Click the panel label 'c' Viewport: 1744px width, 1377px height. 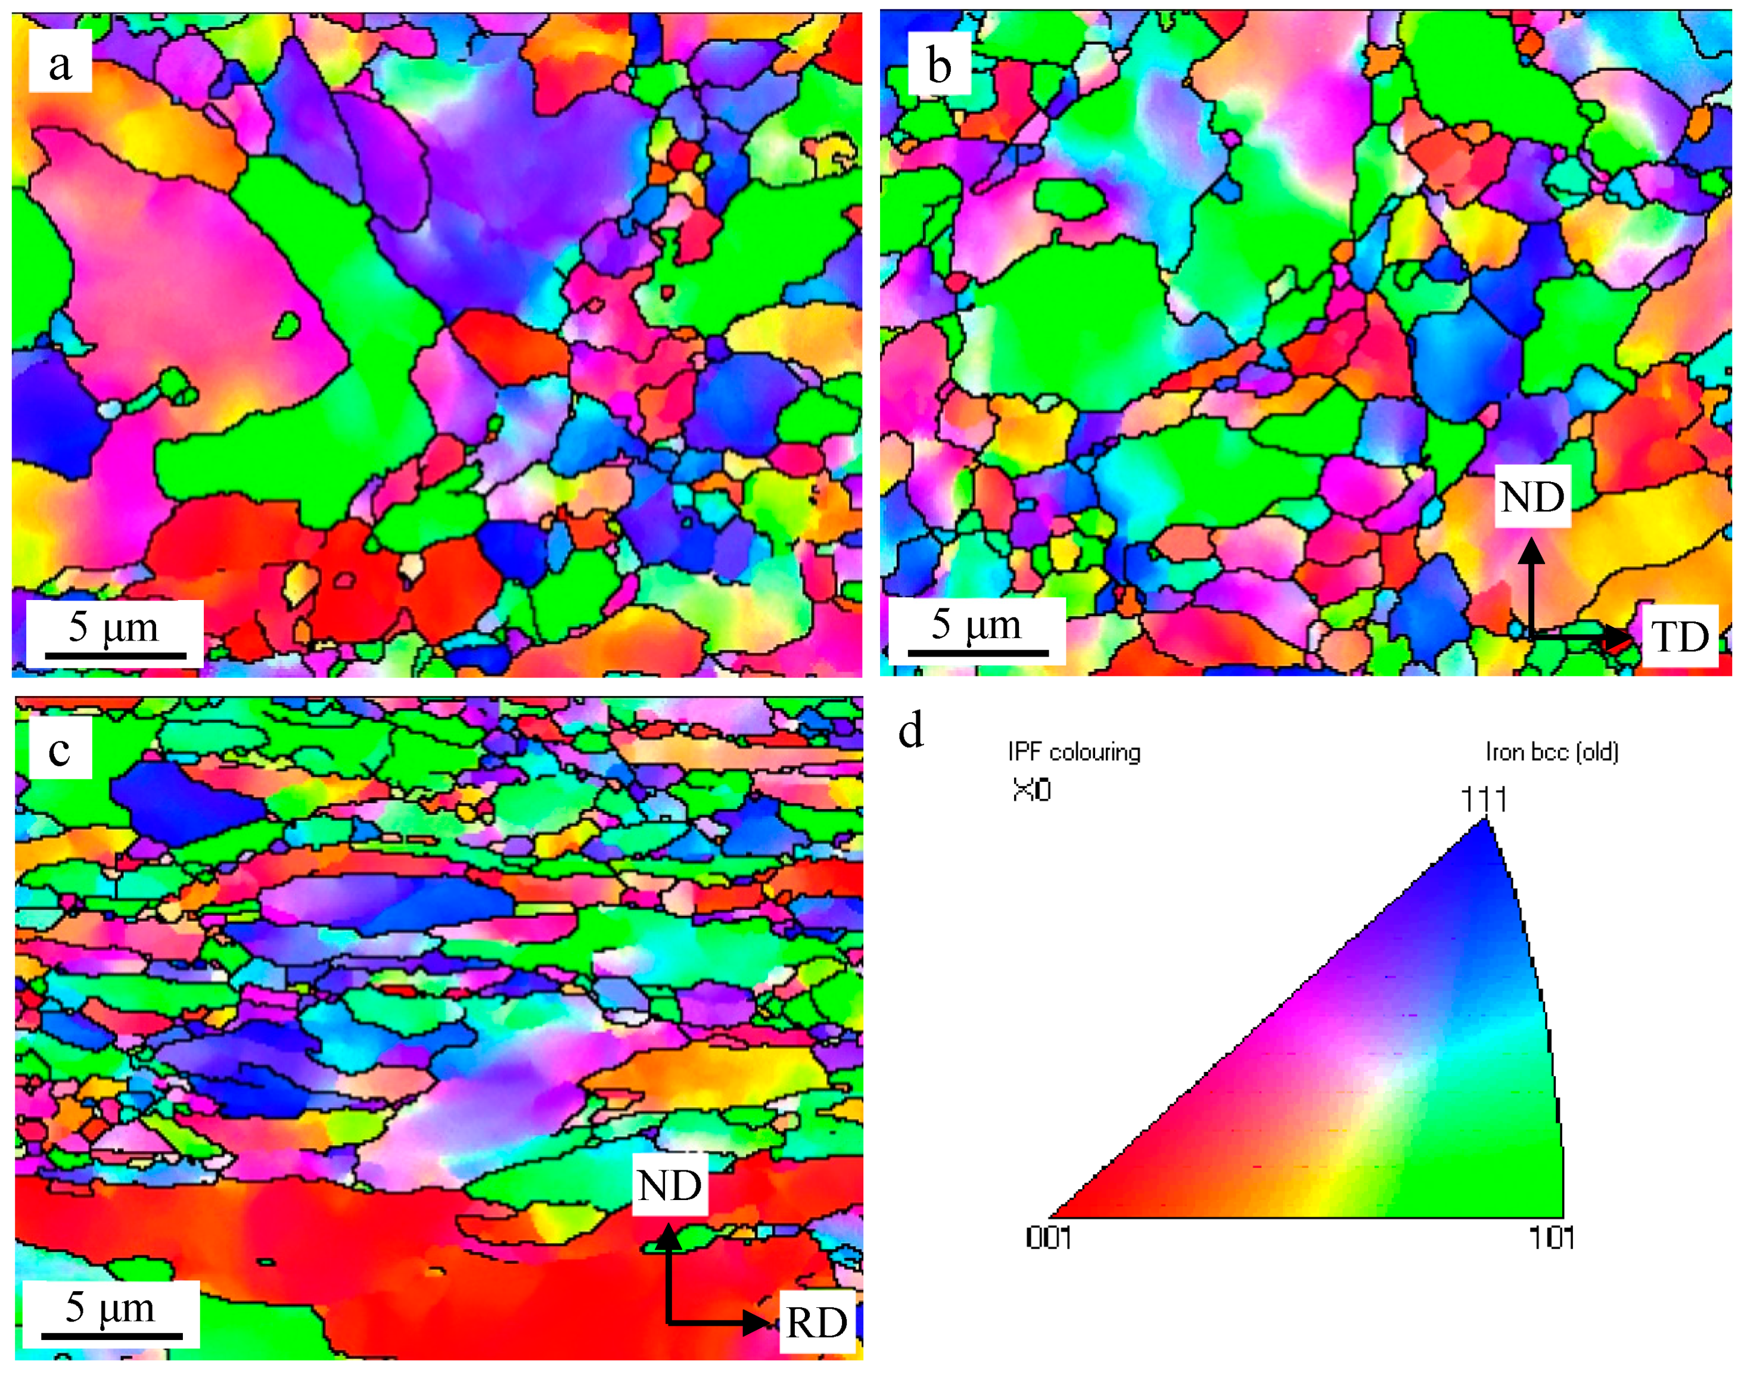tap(60, 750)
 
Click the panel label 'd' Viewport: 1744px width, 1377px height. tap(911, 731)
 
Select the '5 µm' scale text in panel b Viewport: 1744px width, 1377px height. tap(977, 624)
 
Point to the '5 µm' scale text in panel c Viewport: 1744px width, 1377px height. tap(110, 1307)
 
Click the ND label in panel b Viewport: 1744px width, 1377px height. tap(1532, 496)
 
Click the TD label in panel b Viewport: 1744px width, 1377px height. tap(1680, 637)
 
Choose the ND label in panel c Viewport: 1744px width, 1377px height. tap(669, 1185)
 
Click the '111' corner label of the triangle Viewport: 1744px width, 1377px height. tap(1484, 800)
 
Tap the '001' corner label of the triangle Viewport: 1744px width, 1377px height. tap(1048, 1238)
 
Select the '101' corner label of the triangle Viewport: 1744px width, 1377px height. tap(1552, 1238)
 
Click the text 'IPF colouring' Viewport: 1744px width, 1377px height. tap(1074, 752)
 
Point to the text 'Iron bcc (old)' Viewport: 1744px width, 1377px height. tap(1552, 752)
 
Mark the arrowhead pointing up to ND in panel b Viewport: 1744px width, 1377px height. tap(1532, 551)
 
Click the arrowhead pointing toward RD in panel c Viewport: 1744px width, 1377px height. tap(756, 1322)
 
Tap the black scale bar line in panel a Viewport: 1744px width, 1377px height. tap(116, 655)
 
